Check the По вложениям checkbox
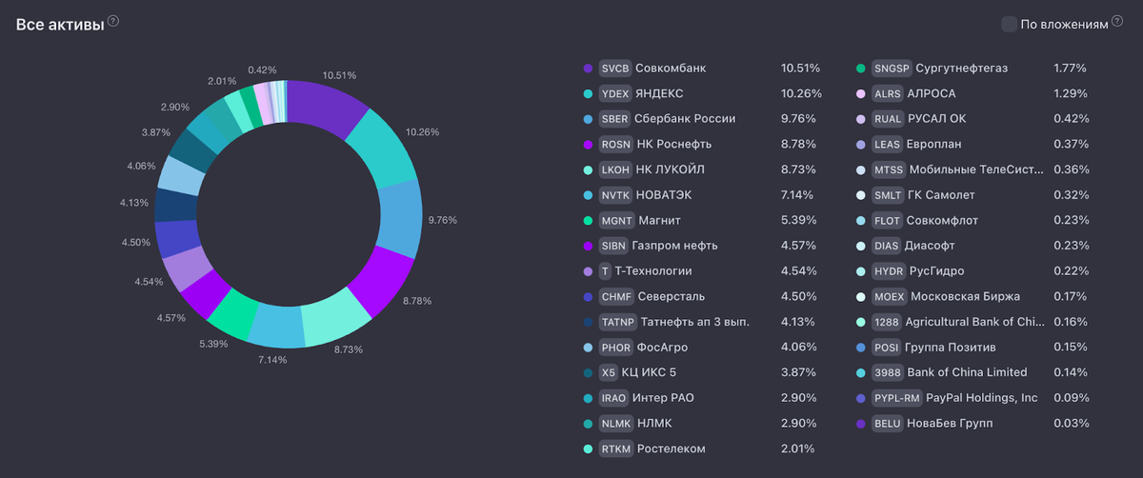point(1009,24)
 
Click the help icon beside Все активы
point(113,21)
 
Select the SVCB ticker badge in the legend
point(614,69)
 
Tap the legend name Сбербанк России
point(685,119)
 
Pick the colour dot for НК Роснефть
point(588,145)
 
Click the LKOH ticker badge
point(614,169)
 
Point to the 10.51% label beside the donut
point(340,75)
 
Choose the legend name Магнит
point(659,221)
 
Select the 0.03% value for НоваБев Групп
point(1071,423)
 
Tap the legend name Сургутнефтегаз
point(961,69)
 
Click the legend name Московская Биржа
point(964,296)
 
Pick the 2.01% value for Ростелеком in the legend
point(797,448)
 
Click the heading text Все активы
point(59,24)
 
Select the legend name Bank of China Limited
point(967,372)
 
